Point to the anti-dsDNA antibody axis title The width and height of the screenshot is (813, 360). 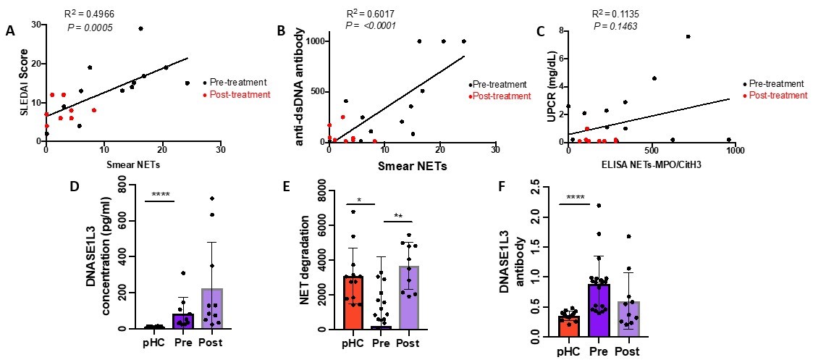click(298, 85)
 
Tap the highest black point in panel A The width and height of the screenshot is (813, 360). click(140, 28)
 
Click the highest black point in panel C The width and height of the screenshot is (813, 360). click(688, 36)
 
